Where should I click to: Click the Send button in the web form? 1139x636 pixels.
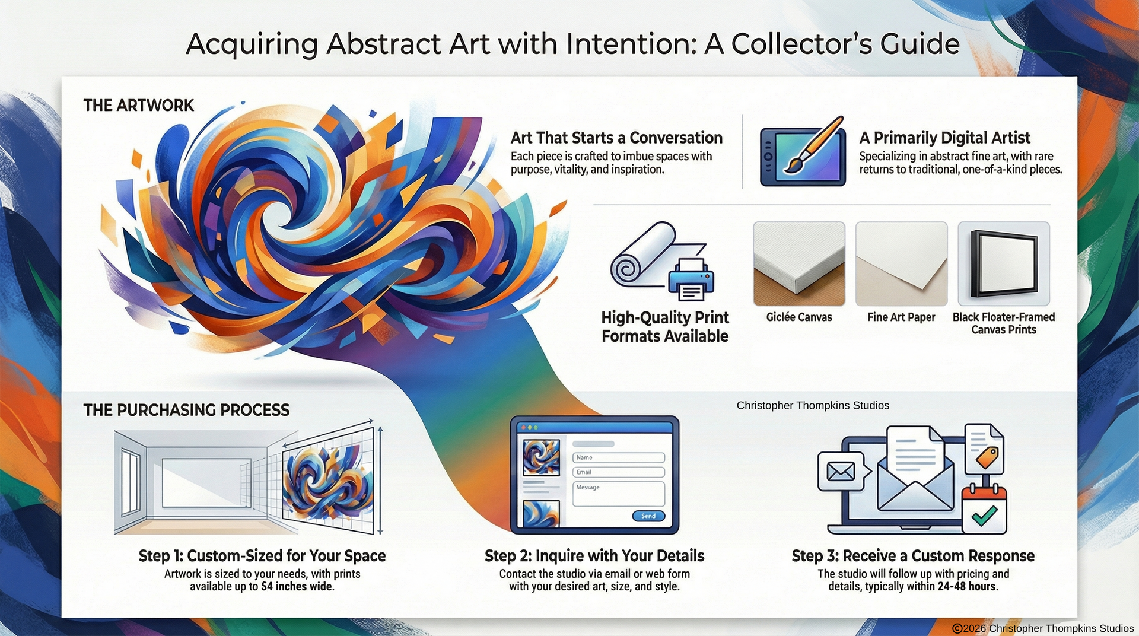[x=648, y=516]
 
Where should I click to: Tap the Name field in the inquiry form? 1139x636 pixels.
[x=618, y=457]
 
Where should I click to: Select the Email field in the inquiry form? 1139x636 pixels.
[x=618, y=472]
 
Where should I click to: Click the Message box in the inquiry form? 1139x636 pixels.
[x=618, y=494]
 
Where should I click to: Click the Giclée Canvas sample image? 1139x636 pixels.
[x=798, y=263]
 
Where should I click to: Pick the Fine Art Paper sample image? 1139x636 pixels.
[x=901, y=263]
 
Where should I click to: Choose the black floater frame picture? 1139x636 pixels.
[x=1004, y=263]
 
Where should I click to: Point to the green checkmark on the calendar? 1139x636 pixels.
[x=984, y=515]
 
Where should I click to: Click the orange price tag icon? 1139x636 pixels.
[x=987, y=457]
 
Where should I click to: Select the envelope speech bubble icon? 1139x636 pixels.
[x=841, y=472]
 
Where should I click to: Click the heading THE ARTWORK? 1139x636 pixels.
[x=138, y=106]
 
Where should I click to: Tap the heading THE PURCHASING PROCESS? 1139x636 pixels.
[x=186, y=410]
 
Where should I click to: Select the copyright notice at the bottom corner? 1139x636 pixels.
[x=1042, y=628]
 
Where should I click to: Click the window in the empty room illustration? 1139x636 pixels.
[x=131, y=482]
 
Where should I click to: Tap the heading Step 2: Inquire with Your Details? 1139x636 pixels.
[x=594, y=556]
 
